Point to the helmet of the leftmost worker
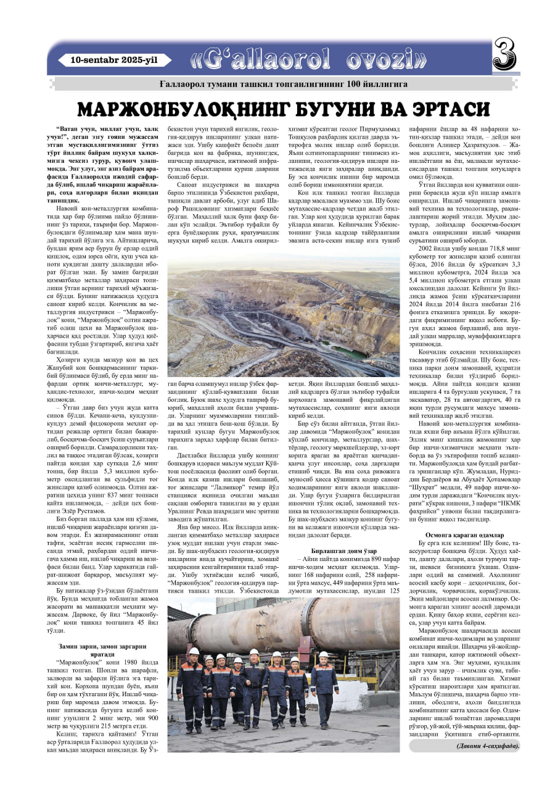tap(194, 651)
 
